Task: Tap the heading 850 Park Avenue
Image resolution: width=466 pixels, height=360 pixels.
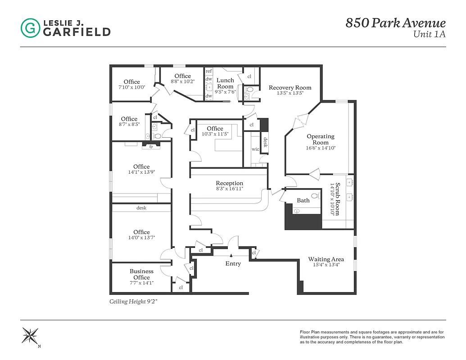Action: (x=395, y=23)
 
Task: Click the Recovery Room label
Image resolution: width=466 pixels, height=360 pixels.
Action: (x=290, y=87)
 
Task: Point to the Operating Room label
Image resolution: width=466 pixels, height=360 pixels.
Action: (x=321, y=139)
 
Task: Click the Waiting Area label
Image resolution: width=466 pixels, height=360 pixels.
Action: (x=326, y=259)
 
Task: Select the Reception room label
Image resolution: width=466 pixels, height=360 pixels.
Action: (x=229, y=183)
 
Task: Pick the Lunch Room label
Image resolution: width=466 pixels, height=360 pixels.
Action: (x=225, y=83)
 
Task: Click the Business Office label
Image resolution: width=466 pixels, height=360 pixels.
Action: (x=141, y=274)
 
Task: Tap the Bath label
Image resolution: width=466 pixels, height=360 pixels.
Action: (x=303, y=200)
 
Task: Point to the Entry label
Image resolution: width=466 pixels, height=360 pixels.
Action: (x=233, y=264)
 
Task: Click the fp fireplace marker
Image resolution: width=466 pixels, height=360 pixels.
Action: (x=151, y=146)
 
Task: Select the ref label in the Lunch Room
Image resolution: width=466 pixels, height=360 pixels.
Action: (x=209, y=71)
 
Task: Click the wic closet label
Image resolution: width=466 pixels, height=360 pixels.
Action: (x=255, y=149)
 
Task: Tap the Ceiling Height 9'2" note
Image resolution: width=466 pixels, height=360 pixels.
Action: (x=133, y=301)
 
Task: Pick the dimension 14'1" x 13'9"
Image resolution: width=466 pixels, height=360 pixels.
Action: (x=141, y=172)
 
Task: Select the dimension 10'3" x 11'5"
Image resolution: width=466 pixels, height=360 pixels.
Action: (x=215, y=134)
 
